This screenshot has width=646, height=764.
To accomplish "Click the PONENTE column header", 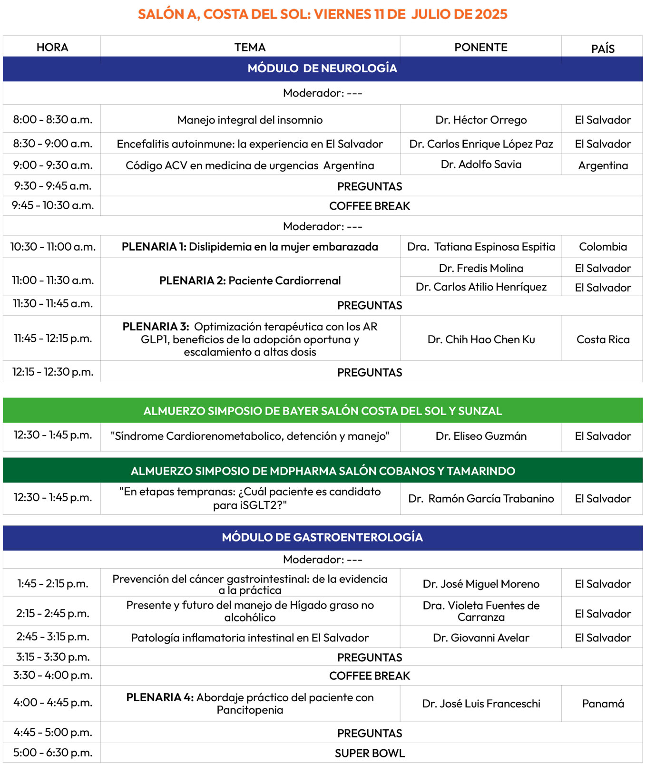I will [x=480, y=48].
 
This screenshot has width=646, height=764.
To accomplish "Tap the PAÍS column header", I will [x=603, y=48].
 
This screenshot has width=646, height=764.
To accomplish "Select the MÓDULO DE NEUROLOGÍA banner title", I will [x=322, y=68].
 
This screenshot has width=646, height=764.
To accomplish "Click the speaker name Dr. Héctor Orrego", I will [x=481, y=120].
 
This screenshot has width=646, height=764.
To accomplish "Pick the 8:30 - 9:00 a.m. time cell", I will [x=52, y=144].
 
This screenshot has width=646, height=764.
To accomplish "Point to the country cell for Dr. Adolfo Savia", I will [x=603, y=165].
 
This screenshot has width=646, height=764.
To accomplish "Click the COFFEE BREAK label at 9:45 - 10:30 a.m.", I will [x=369, y=206].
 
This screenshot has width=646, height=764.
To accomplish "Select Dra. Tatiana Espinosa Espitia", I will [x=481, y=247].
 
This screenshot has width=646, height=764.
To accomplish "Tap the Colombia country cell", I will [x=603, y=247].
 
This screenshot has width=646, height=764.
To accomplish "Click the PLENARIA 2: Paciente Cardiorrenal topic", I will [x=250, y=280].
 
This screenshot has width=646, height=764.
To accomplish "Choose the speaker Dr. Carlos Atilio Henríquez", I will [x=481, y=287].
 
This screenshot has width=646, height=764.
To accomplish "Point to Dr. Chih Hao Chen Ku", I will [x=481, y=339].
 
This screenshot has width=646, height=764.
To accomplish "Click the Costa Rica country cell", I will [x=603, y=339].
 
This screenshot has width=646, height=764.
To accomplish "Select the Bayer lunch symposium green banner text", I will [x=323, y=411].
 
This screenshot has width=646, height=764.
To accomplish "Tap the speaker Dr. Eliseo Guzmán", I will [x=481, y=436].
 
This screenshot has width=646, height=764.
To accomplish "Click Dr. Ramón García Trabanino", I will [x=481, y=499].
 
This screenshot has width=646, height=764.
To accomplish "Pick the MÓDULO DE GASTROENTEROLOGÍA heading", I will [x=322, y=537].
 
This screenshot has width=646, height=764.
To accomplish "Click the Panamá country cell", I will [x=603, y=704].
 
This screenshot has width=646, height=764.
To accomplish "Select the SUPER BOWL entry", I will [x=369, y=753].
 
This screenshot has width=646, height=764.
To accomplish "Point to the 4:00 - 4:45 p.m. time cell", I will [x=52, y=703].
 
